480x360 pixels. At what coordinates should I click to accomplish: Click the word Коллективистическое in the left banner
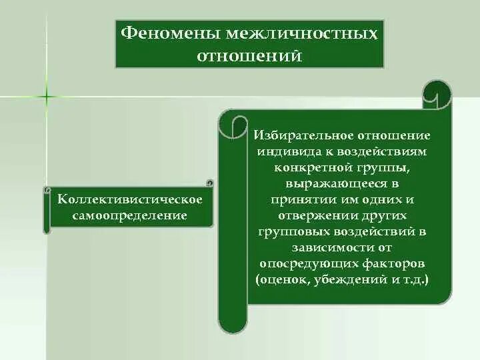[130, 201]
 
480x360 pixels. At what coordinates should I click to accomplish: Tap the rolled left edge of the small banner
[47, 210]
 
